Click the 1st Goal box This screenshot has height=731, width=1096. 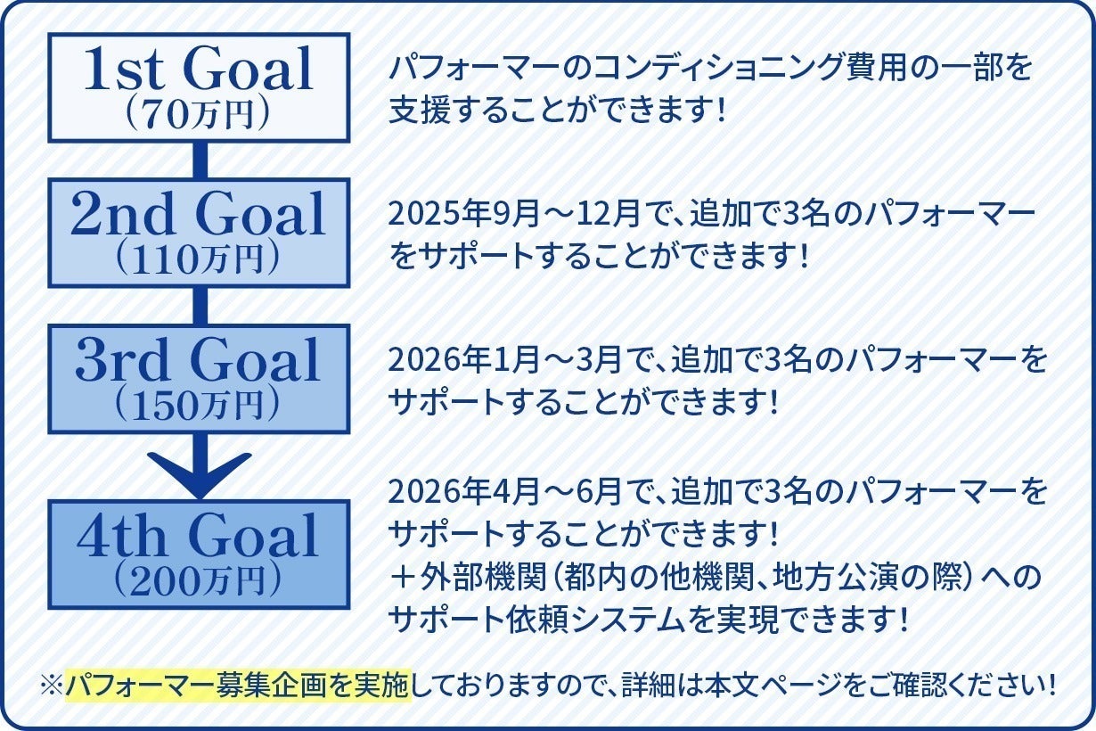pos(198,87)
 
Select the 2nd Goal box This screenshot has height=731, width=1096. pos(198,232)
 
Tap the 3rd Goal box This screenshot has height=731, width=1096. pos(198,378)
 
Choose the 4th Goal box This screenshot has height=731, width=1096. pos(198,554)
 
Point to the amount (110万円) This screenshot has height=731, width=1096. pos(198,260)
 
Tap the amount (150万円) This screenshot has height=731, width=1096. pos(198,407)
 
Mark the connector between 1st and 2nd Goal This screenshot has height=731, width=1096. pos(200,160)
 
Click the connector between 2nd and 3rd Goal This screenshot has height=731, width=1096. pos(200,306)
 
